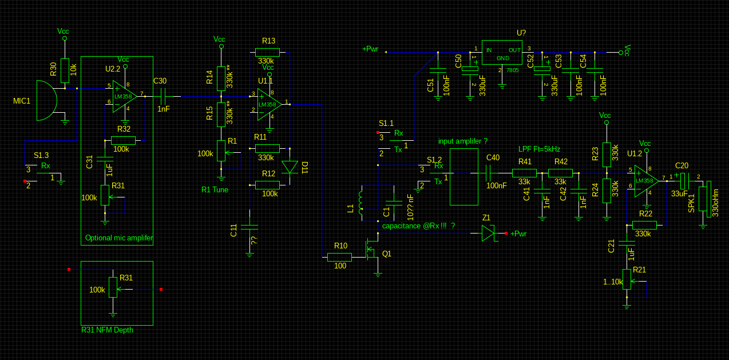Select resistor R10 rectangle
(339, 257)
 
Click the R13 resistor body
(267, 52)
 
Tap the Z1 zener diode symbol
(488, 233)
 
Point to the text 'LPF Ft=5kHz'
(539, 149)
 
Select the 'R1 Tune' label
(215, 189)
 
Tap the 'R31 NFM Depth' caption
(108, 330)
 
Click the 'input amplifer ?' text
(462, 141)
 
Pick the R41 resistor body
(524, 173)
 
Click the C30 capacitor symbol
(163, 96)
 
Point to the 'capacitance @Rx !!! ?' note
(418, 226)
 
